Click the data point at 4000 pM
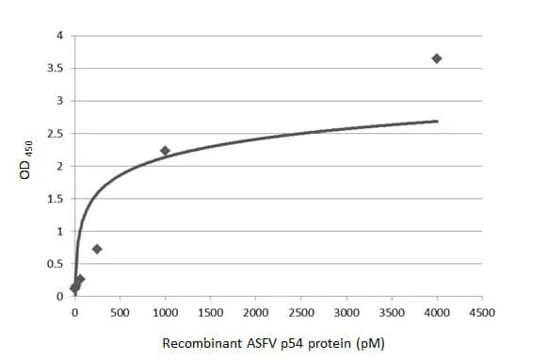click(437, 58)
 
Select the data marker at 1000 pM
click(165, 151)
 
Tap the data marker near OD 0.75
click(97, 249)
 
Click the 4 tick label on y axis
click(59, 36)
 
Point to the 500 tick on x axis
click(120, 312)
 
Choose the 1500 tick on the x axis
click(210, 312)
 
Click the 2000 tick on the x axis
click(255, 312)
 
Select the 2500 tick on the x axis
click(301, 312)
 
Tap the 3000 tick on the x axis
click(347, 312)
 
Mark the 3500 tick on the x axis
click(392, 312)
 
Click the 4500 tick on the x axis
click(482, 312)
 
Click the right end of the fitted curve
click(438, 121)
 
